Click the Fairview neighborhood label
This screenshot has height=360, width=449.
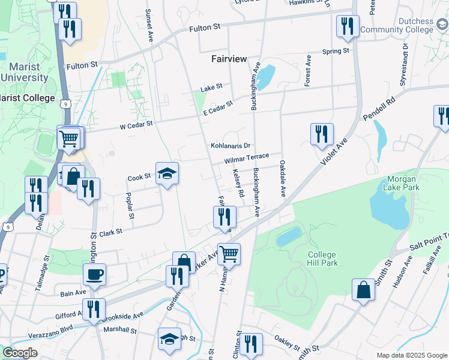(x=229, y=59)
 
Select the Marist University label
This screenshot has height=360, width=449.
(x=25, y=73)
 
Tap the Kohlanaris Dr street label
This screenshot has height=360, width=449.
(x=230, y=146)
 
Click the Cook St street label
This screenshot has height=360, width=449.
(x=139, y=178)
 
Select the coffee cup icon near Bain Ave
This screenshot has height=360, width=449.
(x=94, y=275)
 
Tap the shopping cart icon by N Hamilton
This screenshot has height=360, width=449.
(x=229, y=254)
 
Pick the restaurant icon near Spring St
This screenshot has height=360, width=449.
(x=348, y=26)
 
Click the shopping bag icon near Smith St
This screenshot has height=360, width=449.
(x=364, y=289)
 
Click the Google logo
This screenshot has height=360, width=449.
(x=19, y=353)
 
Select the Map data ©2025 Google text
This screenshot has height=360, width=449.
(x=412, y=355)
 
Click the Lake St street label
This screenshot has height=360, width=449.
(x=211, y=88)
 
